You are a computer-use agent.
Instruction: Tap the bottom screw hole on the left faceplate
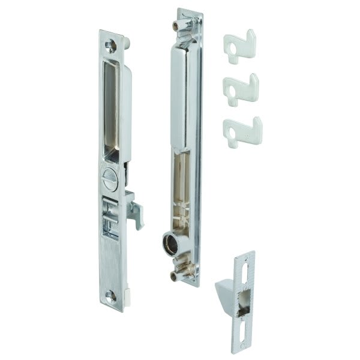click(110, 295)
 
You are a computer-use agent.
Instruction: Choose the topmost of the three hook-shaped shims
click(239, 45)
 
